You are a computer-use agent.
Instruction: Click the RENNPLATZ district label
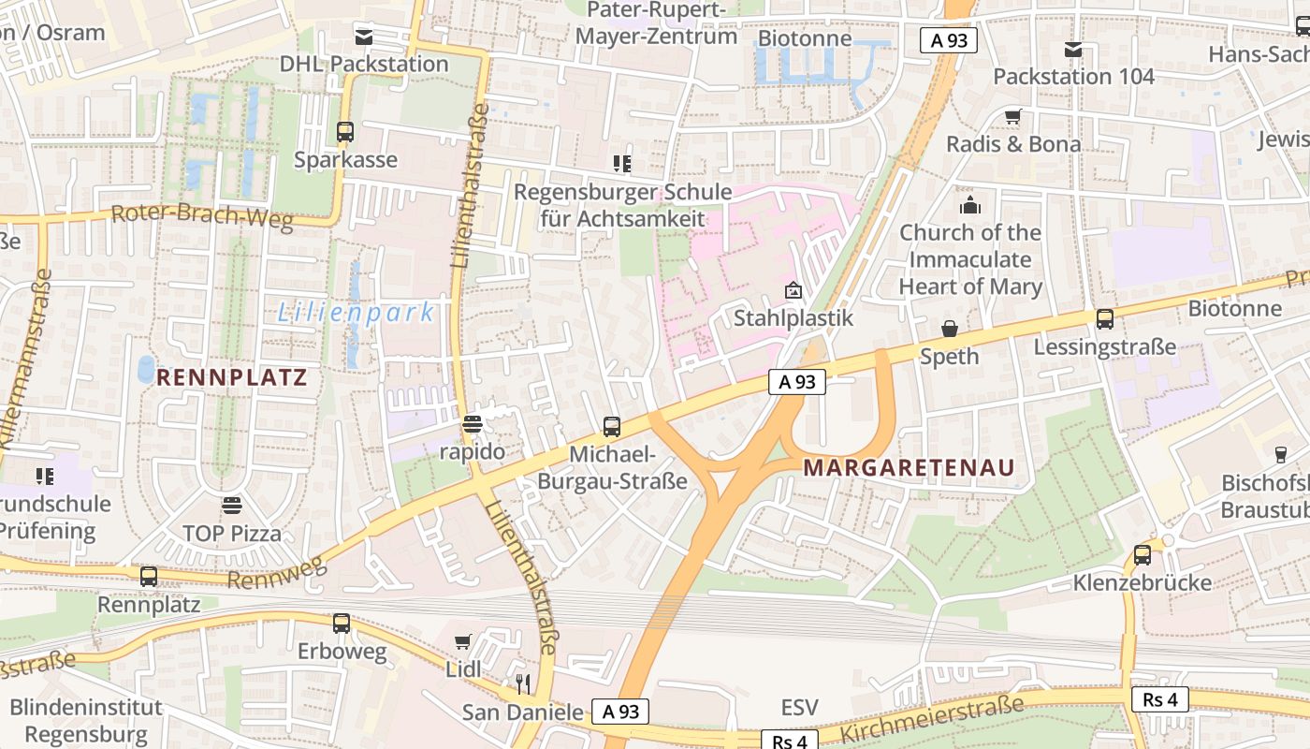click(231, 377)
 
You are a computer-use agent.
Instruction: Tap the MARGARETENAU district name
click(909, 467)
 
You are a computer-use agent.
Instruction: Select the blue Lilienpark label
click(357, 313)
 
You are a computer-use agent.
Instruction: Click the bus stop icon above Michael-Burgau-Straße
click(612, 427)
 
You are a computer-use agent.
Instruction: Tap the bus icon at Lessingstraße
click(1105, 319)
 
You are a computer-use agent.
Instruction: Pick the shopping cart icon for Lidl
click(462, 642)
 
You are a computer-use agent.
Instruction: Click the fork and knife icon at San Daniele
click(523, 684)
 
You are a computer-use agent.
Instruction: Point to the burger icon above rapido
click(473, 424)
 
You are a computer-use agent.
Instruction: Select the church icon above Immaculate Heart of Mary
click(970, 204)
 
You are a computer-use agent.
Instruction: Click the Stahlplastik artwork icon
click(793, 290)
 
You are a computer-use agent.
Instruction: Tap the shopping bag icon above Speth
click(950, 329)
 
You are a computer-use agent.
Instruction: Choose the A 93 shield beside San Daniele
click(619, 712)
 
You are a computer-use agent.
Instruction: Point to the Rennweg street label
click(277, 572)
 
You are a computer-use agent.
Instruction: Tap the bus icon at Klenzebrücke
click(1143, 554)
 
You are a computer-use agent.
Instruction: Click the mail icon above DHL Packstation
click(363, 37)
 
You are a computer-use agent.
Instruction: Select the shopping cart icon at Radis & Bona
click(1012, 117)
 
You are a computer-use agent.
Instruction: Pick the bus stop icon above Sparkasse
click(345, 132)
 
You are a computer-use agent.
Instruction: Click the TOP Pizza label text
click(232, 535)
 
